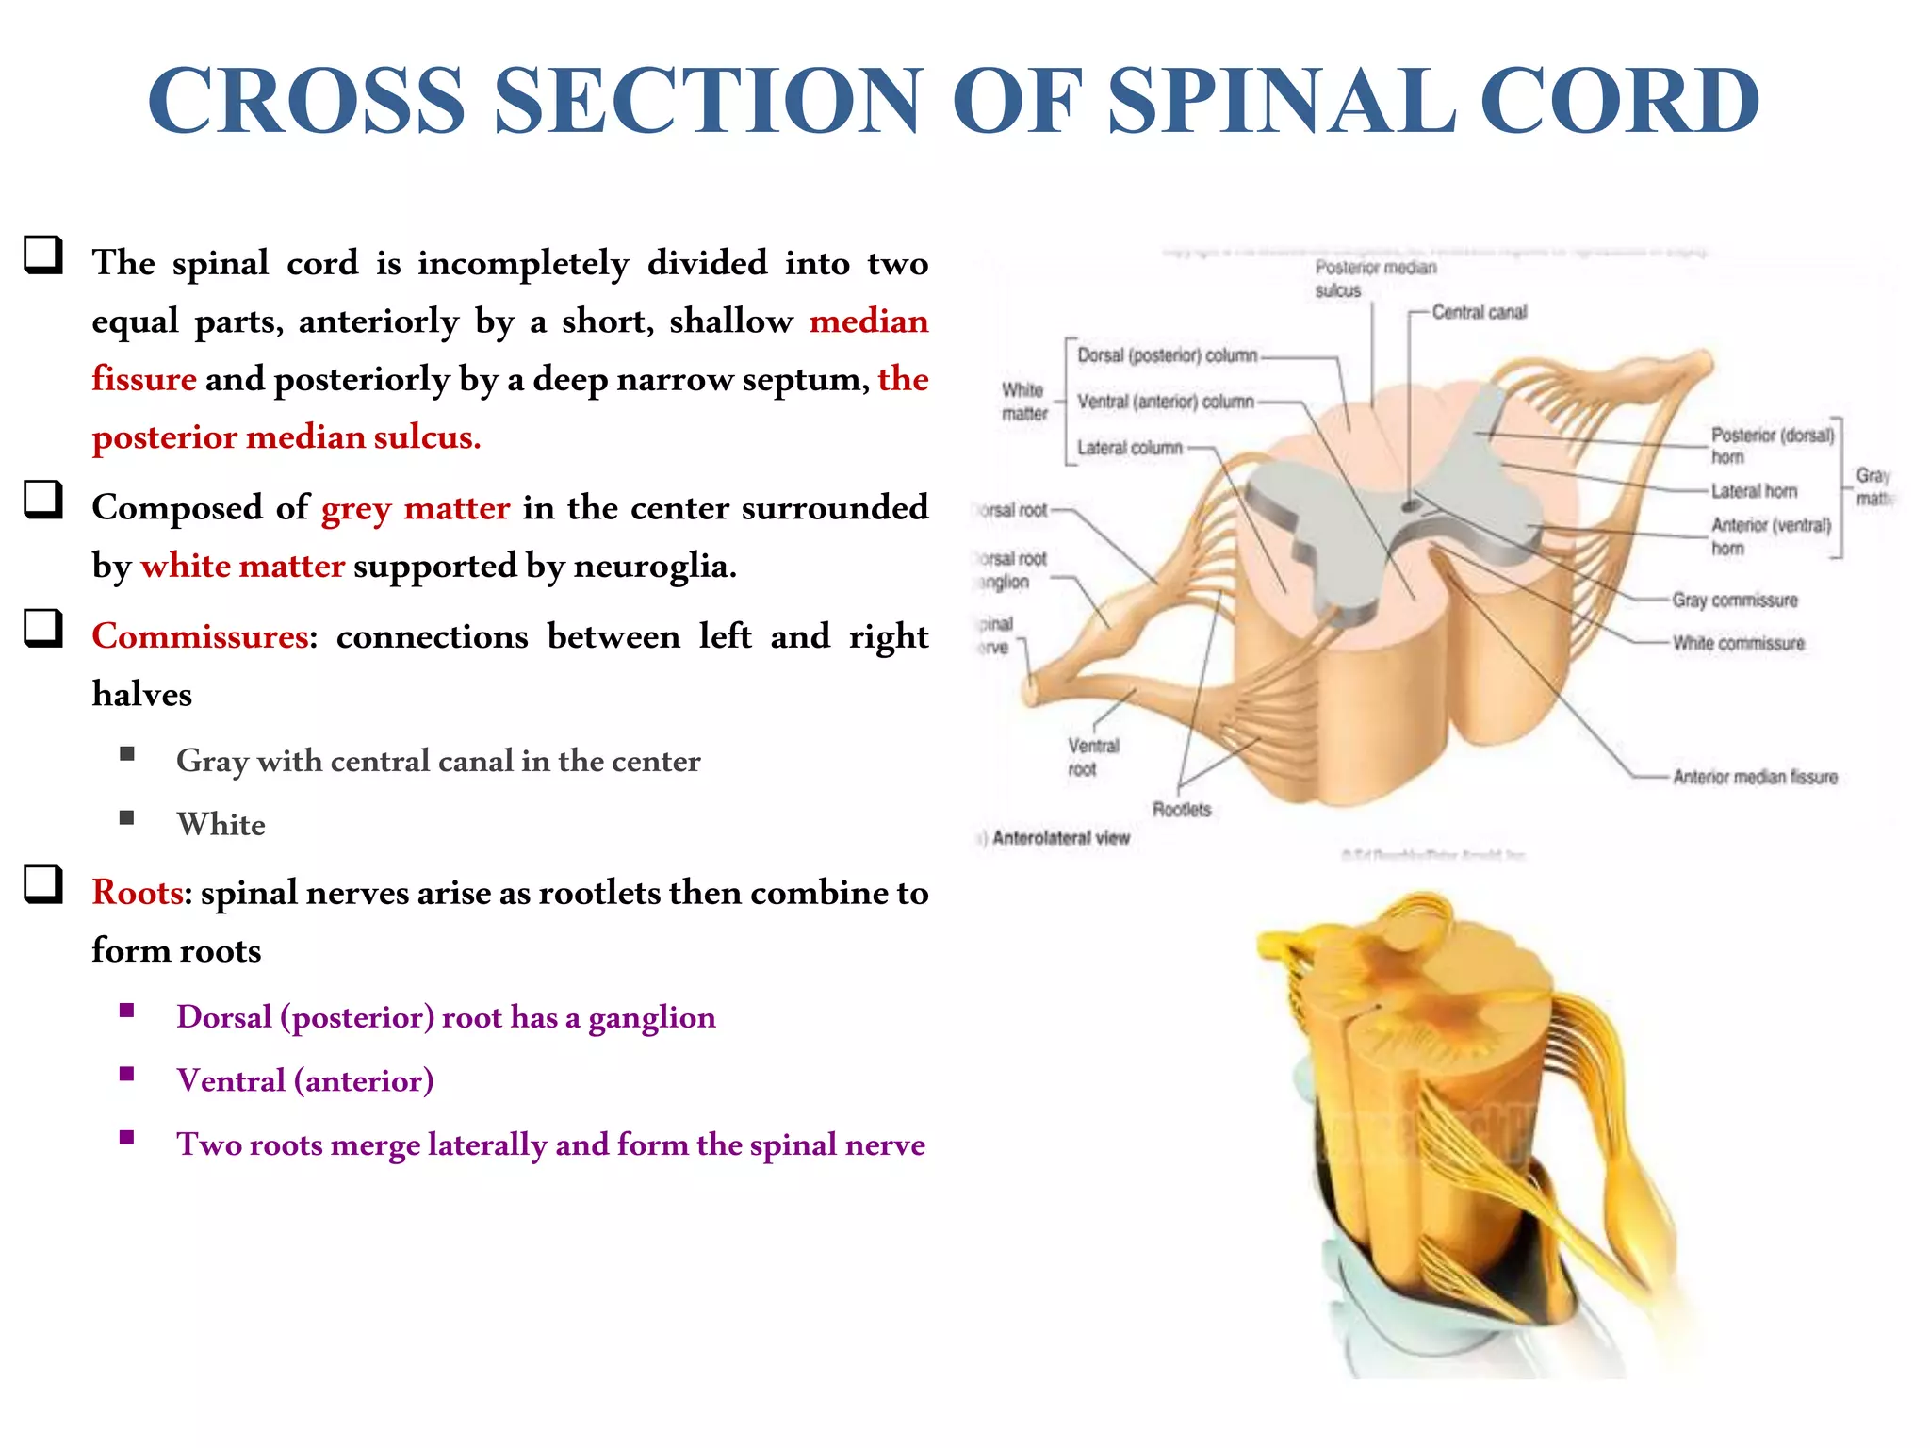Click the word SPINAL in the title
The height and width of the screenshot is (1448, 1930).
click(1281, 101)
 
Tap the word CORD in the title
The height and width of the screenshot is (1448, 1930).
click(1619, 101)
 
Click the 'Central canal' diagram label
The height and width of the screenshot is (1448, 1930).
click(1479, 312)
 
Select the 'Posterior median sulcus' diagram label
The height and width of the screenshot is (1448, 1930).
click(1375, 279)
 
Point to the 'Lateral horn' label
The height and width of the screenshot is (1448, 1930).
click(1754, 491)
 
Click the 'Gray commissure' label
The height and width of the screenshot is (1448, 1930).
click(1734, 601)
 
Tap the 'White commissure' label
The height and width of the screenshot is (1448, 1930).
click(1738, 643)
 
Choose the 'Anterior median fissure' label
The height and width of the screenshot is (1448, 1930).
click(1755, 777)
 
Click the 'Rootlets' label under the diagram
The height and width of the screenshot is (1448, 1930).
click(1181, 810)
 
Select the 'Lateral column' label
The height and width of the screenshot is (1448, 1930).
click(1129, 448)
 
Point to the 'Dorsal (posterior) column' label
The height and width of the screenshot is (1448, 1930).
click(1167, 355)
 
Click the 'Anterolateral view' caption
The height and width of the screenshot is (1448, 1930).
click(1060, 838)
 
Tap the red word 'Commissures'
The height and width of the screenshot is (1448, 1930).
click(200, 636)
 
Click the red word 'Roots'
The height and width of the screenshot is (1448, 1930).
click(137, 893)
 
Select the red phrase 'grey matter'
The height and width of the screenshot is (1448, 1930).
click(416, 508)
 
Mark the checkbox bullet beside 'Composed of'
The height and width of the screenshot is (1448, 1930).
click(43, 500)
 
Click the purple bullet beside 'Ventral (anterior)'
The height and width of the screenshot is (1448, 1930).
click(127, 1074)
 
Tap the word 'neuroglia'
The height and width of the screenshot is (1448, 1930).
click(654, 566)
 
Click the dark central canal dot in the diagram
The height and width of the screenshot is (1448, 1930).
click(1411, 506)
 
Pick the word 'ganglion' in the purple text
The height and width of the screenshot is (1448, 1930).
click(651, 1017)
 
